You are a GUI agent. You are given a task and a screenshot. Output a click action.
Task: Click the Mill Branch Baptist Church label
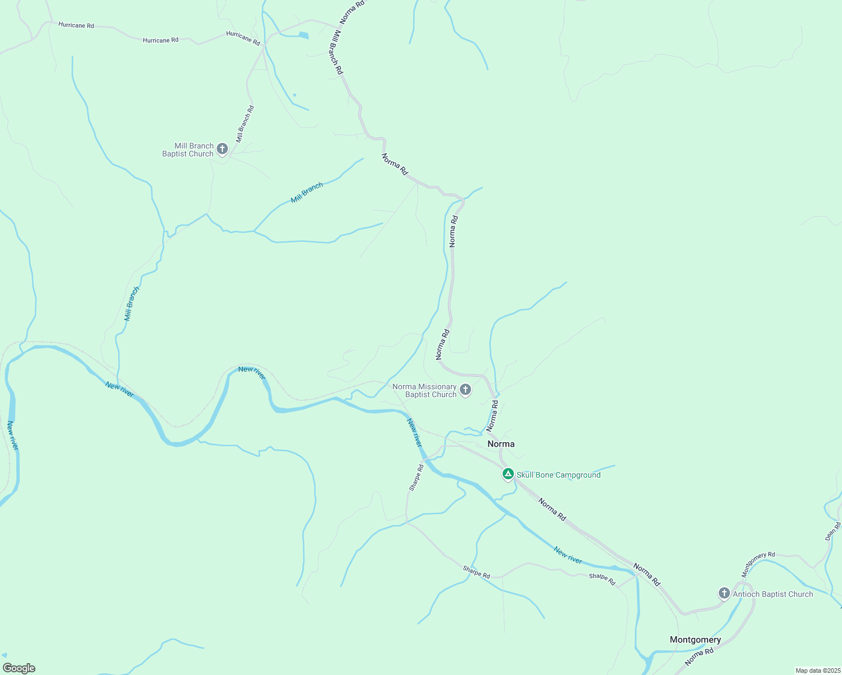(188, 150)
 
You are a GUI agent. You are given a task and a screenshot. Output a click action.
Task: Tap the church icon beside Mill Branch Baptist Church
(222, 149)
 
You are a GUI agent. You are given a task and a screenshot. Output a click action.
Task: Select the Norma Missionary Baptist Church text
(424, 390)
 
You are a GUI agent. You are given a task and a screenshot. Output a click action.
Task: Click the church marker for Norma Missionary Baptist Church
(465, 389)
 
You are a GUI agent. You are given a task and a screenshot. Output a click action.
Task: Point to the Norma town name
(501, 444)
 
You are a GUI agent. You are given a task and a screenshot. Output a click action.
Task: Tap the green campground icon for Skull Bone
(508, 474)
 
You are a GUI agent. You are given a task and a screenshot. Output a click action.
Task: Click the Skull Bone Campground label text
(558, 475)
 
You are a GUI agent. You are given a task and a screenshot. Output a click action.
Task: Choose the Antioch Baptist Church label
(773, 594)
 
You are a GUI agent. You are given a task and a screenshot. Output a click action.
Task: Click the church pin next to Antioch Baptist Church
(724, 593)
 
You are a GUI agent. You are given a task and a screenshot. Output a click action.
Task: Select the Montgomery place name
(695, 640)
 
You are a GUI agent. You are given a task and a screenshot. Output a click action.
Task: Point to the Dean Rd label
(833, 531)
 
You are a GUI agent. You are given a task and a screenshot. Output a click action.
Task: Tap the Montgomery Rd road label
(758, 564)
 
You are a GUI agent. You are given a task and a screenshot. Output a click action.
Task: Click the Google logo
(19, 668)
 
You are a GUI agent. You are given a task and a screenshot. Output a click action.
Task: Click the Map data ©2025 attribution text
(817, 670)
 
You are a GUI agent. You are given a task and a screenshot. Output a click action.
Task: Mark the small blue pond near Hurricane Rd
(303, 35)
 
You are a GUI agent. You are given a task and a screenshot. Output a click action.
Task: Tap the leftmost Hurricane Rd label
(76, 25)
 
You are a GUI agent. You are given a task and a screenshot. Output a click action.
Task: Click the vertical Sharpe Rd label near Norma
(416, 478)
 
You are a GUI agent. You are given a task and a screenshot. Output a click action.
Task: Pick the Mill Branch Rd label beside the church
(245, 124)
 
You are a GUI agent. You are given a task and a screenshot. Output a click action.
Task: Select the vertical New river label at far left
(12, 435)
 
